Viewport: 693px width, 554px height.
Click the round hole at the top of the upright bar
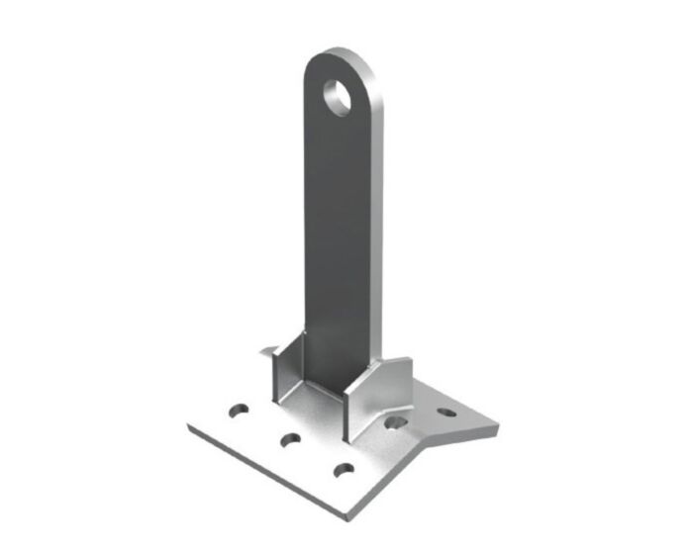point(339,97)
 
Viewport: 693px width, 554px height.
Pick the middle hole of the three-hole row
point(289,439)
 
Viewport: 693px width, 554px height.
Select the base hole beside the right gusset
point(396,423)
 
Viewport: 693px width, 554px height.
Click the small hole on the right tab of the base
point(446,413)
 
